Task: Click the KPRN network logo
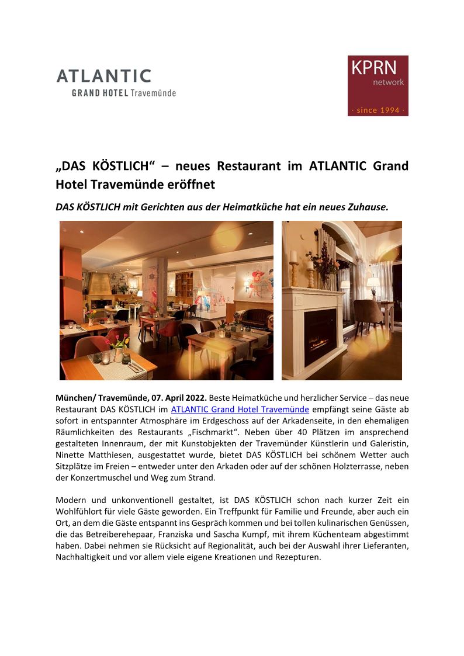378,85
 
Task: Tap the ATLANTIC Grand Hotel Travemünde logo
116,82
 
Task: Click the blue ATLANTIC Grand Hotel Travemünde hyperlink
240,409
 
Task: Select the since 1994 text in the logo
378,109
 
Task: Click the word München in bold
75,398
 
